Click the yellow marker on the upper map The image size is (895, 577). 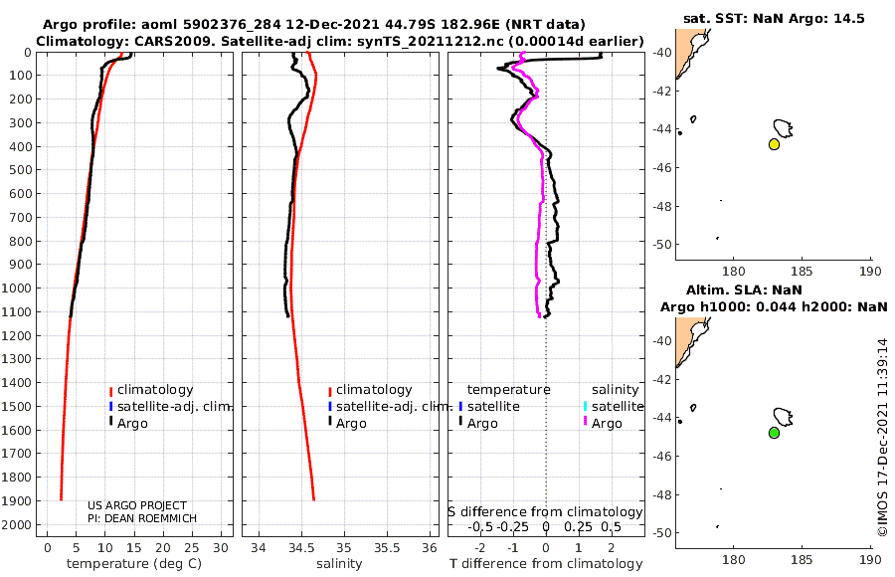774,144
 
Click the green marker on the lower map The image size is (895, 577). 774,433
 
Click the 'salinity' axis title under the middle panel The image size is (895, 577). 338,564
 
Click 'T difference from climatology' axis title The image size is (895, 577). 546,564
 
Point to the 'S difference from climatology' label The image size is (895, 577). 546,511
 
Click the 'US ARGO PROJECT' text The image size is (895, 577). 136,506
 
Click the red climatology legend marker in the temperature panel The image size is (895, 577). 111,390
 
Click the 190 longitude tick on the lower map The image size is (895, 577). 871,558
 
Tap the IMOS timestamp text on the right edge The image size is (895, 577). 881,438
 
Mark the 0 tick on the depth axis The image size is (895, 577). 30,52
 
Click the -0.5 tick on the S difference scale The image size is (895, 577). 480,527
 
